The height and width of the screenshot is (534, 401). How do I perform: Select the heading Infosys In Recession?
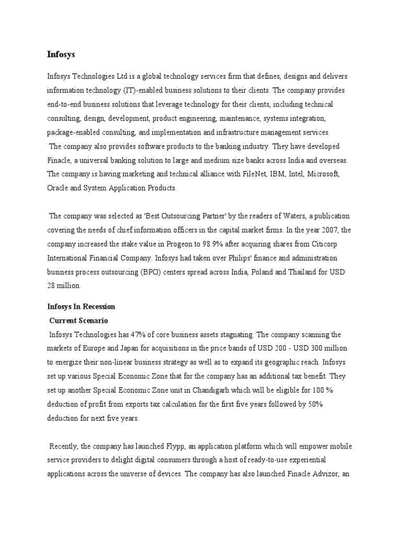click(81, 306)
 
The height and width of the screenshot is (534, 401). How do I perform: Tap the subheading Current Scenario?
click(78, 320)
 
